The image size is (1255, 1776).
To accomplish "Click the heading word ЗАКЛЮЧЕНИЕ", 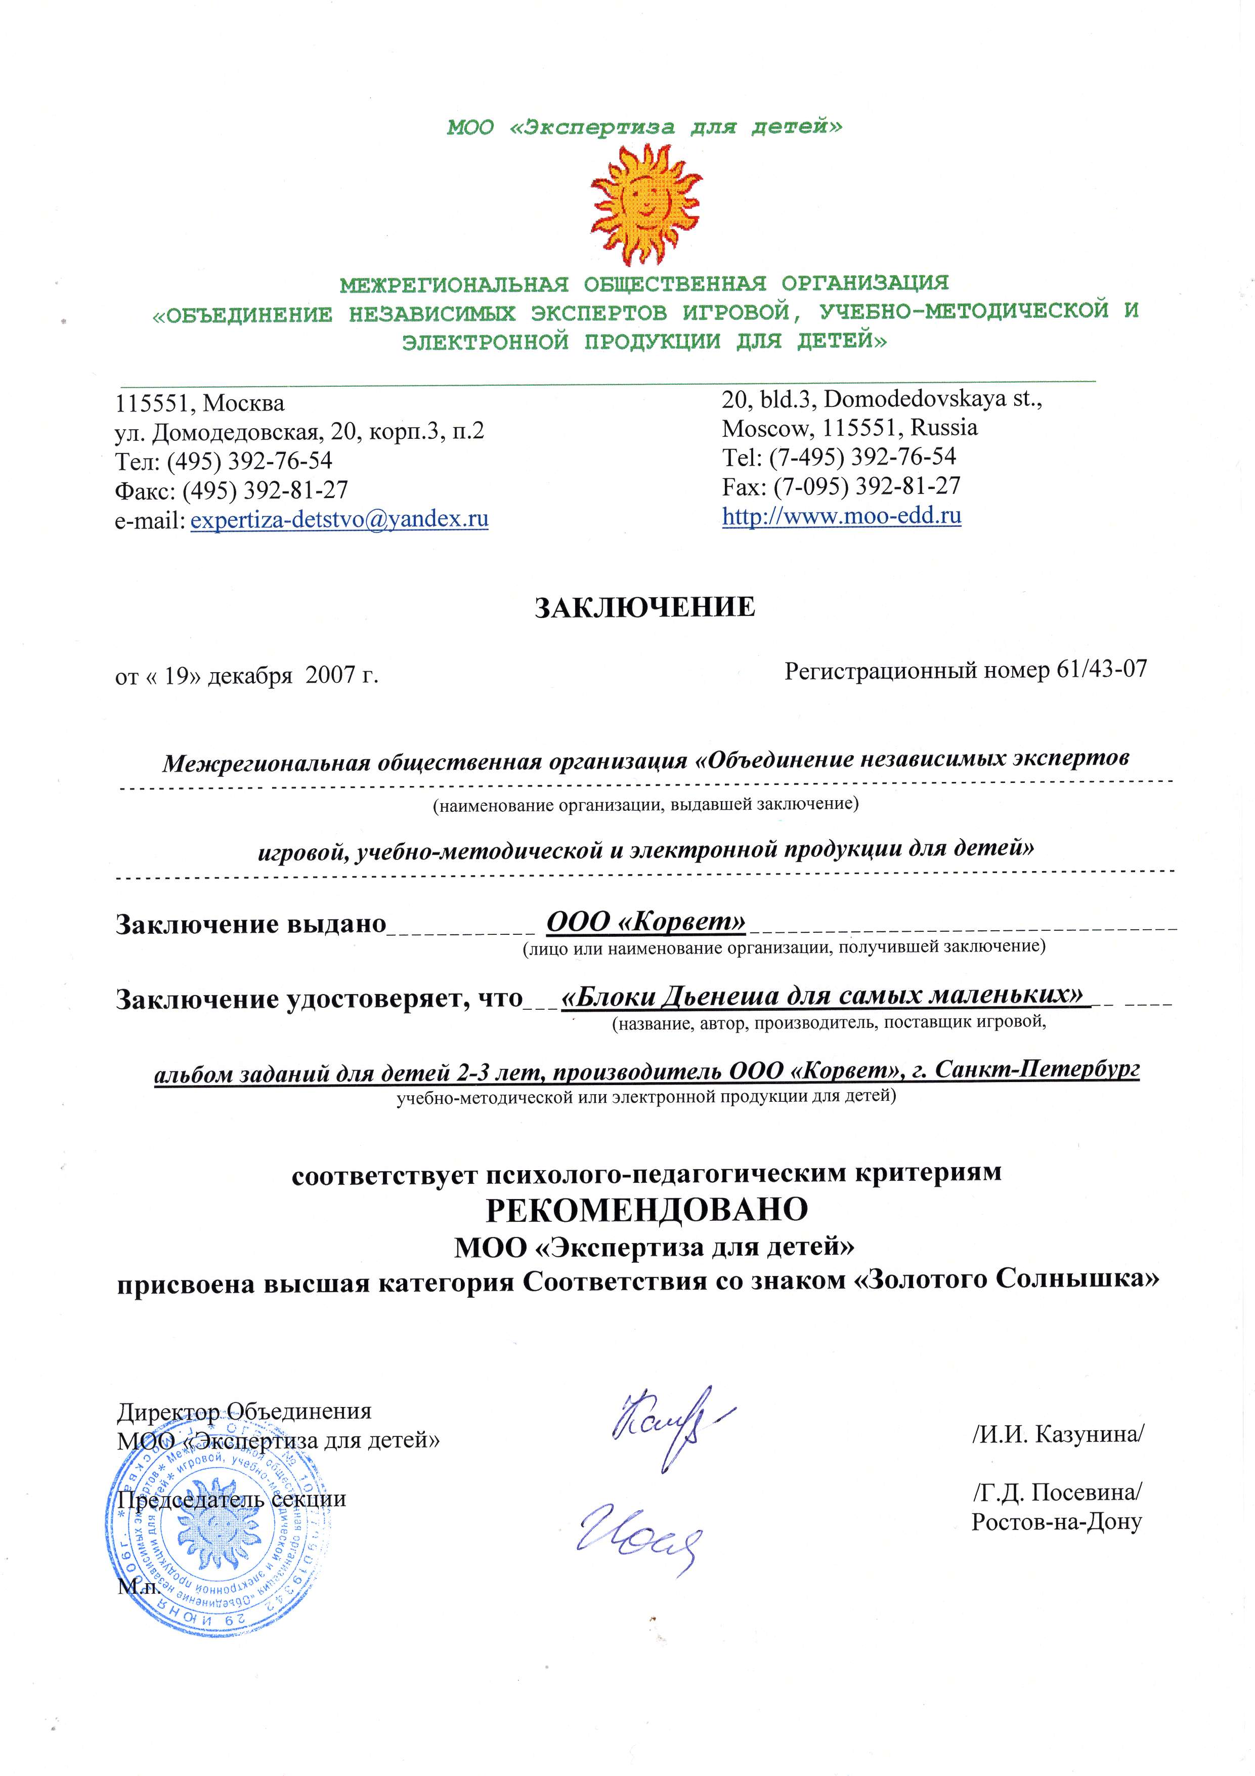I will coord(645,607).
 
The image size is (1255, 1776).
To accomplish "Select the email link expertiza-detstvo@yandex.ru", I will coord(339,518).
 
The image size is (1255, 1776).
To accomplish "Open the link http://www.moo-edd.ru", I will coord(841,515).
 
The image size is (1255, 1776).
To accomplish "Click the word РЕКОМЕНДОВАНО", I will coord(645,1209).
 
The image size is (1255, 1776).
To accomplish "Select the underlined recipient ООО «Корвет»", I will coord(645,921).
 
